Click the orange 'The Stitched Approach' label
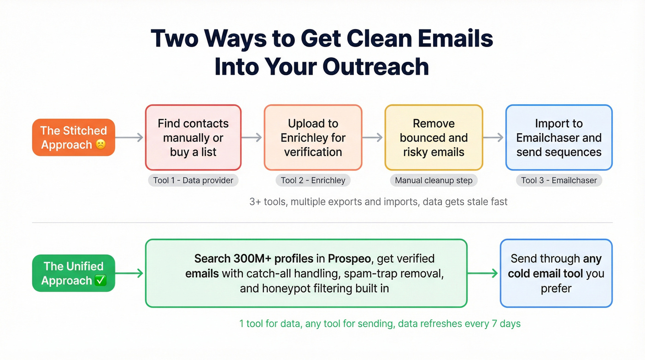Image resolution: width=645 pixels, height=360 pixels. click(x=73, y=137)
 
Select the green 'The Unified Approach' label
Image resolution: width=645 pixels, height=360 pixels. click(x=73, y=273)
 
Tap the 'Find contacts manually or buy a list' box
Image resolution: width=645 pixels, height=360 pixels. click(x=193, y=137)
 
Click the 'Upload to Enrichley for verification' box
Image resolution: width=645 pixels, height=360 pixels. click(x=313, y=137)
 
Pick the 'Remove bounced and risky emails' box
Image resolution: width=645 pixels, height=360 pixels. click(x=434, y=137)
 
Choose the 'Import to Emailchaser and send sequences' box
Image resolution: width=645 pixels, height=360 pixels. click(x=559, y=137)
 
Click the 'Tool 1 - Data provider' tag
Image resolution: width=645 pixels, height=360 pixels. click(x=193, y=180)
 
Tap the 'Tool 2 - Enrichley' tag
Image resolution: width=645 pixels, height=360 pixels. click(x=313, y=180)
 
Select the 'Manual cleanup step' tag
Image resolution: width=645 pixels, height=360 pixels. click(x=434, y=180)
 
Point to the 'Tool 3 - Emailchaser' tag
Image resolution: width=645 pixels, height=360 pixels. click(x=559, y=180)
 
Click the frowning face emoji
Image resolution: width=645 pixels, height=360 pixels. click(x=100, y=145)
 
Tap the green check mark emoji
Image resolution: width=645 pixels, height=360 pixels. click(x=100, y=280)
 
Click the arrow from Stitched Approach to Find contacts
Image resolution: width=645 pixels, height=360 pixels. click(x=129, y=137)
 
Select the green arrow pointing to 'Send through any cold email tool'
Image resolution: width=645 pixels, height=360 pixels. click(x=483, y=273)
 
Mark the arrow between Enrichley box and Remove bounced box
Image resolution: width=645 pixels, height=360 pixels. click(x=373, y=137)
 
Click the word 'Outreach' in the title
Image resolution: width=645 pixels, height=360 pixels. click(x=376, y=66)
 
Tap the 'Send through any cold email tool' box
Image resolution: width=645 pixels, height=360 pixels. click(x=556, y=273)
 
